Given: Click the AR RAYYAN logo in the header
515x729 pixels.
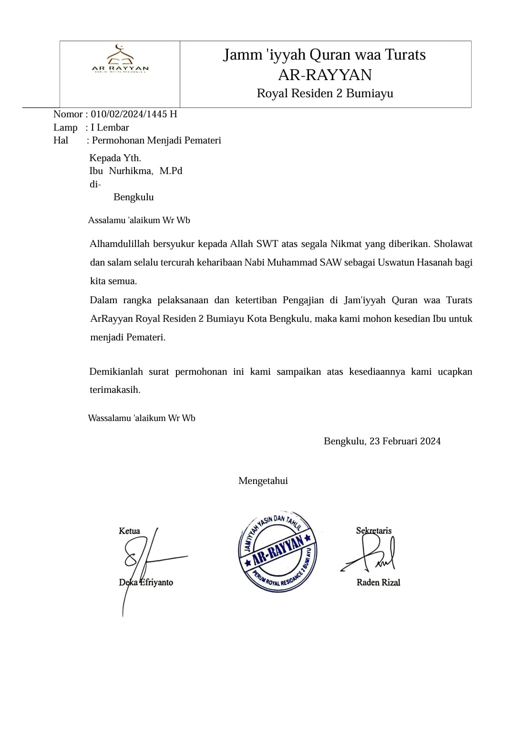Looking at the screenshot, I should coord(120,60).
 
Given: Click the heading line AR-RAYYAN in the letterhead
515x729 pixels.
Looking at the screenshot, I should coord(325,75).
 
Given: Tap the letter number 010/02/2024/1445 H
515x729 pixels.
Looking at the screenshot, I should coord(134,114).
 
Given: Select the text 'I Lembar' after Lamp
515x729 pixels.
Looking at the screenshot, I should coord(110,127).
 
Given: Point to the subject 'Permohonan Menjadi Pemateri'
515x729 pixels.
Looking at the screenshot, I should coord(156,140).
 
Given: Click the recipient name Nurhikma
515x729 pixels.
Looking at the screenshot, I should coord(131,171).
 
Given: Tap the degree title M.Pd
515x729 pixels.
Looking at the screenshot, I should coord(171,171).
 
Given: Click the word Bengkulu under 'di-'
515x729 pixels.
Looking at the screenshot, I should coord(134,197).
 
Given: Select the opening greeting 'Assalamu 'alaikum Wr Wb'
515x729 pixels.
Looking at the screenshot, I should coord(139,220).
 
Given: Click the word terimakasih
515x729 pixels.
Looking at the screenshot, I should coord(115,390).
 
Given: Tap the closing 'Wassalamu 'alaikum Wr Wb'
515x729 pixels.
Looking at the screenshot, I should coord(142,418).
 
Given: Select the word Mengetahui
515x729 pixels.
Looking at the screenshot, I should coord(263,481).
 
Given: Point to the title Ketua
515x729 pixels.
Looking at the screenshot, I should coord(129,531).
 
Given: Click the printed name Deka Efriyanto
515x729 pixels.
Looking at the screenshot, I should coord(146,582).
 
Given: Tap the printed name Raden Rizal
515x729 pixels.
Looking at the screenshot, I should coord(378,582).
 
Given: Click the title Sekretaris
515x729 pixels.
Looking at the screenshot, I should coord(374,530).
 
